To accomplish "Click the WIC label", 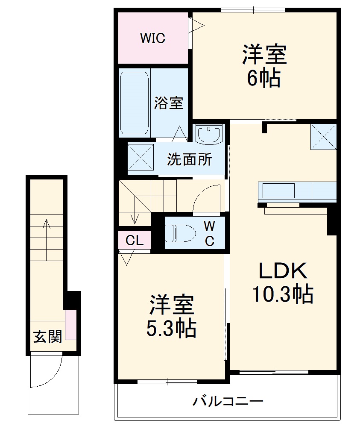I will click(x=152, y=38).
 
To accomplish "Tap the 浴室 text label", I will click(x=169, y=103).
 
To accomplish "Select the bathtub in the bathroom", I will click(x=135, y=103).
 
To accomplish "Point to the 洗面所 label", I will click(x=189, y=159).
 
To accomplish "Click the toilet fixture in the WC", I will click(x=180, y=234).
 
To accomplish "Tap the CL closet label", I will click(x=135, y=241).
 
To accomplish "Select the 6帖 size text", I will click(x=263, y=79).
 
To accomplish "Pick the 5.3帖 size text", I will click(x=171, y=329).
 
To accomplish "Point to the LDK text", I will click(x=281, y=271).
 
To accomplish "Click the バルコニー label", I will click(x=227, y=402).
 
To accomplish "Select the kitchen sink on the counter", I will click(x=278, y=190).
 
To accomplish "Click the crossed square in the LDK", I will click(x=323, y=137).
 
